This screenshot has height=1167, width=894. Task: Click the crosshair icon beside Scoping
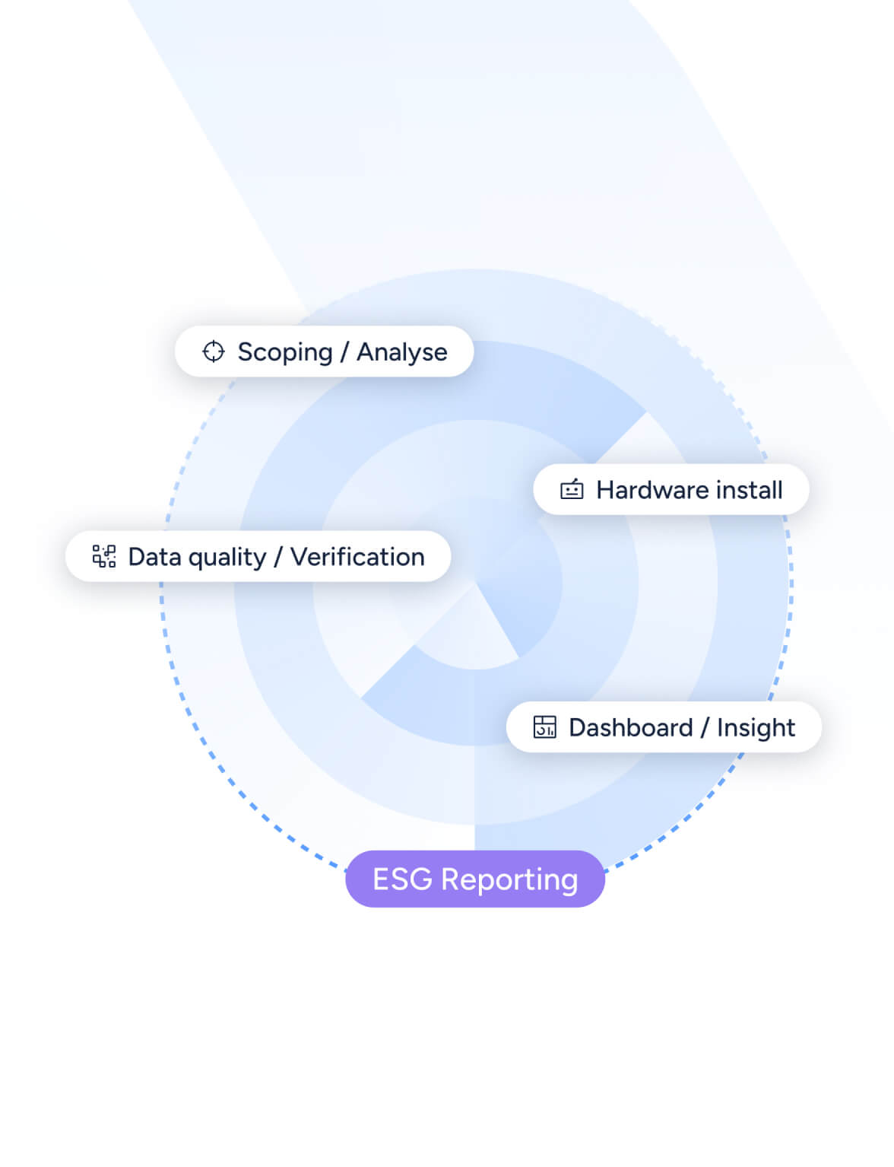[x=214, y=351]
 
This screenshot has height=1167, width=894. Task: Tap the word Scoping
[x=285, y=352]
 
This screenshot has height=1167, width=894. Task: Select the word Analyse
[x=402, y=352]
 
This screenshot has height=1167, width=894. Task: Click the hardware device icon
[x=572, y=489]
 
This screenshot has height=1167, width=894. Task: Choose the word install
[x=750, y=490]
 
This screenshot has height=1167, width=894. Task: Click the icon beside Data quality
[x=104, y=556]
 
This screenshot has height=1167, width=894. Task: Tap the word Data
[x=154, y=557]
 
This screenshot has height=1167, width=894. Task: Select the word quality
[x=227, y=558]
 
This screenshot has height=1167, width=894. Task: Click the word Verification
[x=357, y=557]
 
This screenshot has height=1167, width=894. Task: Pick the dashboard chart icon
[x=545, y=727]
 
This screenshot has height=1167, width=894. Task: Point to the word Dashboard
[x=631, y=727]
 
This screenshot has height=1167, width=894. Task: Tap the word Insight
[x=756, y=728]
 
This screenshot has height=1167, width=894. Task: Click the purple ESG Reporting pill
[x=475, y=879]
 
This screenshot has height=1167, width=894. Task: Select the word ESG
[x=402, y=879]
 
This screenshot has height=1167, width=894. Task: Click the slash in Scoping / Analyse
[x=344, y=352]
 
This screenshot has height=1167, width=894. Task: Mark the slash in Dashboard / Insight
[x=705, y=728]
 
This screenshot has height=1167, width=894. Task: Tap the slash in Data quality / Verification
[x=278, y=557]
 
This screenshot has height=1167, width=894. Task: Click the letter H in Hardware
[x=605, y=490]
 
